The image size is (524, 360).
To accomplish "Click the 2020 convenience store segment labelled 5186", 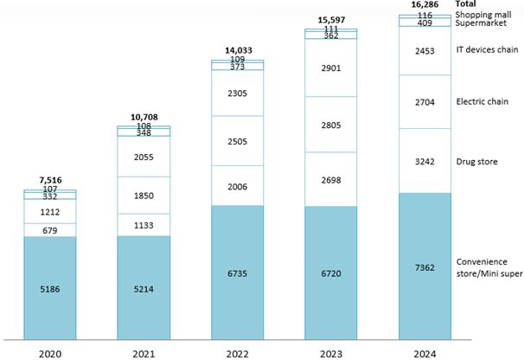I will click(50, 282).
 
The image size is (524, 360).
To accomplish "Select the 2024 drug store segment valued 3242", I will click(425, 160).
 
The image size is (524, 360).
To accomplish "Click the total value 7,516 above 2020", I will click(50, 180).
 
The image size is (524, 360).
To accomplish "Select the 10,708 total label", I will click(144, 116).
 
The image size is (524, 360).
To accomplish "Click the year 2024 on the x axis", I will click(425, 351).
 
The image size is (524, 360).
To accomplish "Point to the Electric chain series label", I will click(478, 101).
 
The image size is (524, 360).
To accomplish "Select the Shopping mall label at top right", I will click(482, 16).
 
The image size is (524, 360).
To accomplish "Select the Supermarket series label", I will click(478, 24).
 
